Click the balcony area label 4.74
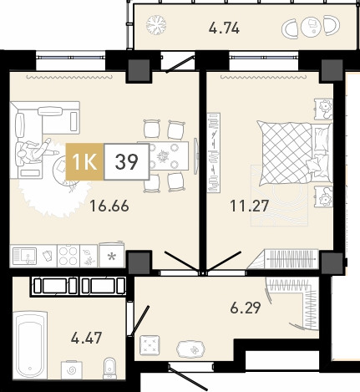(x=224, y=28)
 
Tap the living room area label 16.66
(x=109, y=206)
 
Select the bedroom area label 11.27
(x=249, y=206)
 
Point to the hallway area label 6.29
(x=246, y=308)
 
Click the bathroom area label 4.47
(x=86, y=338)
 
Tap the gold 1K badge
(x=84, y=161)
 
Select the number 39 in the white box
(x=127, y=161)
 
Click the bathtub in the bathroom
(x=30, y=345)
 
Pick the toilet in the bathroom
(x=110, y=369)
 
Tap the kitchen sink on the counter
(x=24, y=257)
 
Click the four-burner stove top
(x=68, y=256)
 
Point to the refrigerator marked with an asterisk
(x=112, y=255)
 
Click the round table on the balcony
(x=311, y=27)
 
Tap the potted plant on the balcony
(x=156, y=25)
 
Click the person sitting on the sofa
(x=35, y=151)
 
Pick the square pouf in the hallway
(x=150, y=345)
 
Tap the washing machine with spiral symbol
(x=72, y=369)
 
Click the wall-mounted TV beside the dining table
(x=196, y=156)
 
